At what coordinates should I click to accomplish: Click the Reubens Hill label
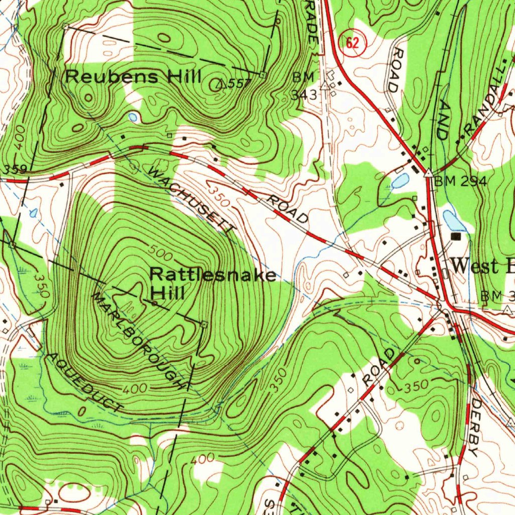[133, 77]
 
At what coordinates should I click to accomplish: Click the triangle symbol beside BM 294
[428, 174]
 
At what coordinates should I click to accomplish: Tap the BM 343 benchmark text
[305, 85]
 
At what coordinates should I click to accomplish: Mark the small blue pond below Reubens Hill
[133, 117]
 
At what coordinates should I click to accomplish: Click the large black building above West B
[456, 236]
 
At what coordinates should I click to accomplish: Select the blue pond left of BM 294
[400, 181]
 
